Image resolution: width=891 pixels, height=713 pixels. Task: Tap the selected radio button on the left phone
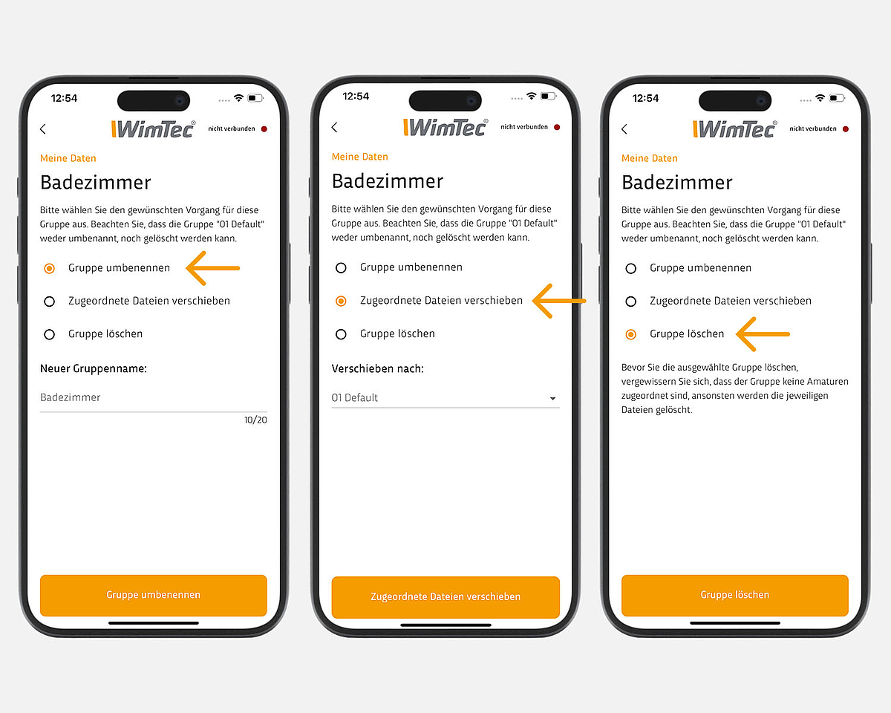(x=49, y=268)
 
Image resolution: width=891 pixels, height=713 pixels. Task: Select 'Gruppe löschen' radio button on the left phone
(x=49, y=334)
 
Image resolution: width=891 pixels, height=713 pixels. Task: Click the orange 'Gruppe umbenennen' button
(x=153, y=595)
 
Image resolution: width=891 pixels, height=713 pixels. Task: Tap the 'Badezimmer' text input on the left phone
(x=153, y=397)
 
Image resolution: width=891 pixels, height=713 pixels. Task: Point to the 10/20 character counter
(x=255, y=420)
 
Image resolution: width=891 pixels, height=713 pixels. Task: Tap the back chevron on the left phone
(x=43, y=128)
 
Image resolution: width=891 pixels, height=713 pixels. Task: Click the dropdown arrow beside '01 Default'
(x=552, y=399)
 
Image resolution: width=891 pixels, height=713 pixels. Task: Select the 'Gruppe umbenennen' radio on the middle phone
(x=341, y=268)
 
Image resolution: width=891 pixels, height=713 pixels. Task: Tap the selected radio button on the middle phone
(x=341, y=302)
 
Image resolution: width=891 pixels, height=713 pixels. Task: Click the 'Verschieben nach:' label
(x=378, y=368)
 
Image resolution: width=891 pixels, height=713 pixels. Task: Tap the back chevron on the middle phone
(x=335, y=127)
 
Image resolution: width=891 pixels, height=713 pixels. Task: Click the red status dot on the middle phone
(x=557, y=127)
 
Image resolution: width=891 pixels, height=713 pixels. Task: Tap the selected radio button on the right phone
(x=630, y=334)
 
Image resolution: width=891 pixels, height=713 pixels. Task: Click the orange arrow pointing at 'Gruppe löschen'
(x=763, y=334)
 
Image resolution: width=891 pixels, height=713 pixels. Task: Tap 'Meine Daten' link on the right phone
(x=649, y=158)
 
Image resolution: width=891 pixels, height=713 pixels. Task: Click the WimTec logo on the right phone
(x=735, y=128)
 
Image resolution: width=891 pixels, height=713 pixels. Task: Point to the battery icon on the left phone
(x=255, y=98)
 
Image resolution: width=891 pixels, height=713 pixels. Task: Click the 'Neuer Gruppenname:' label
(x=94, y=368)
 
